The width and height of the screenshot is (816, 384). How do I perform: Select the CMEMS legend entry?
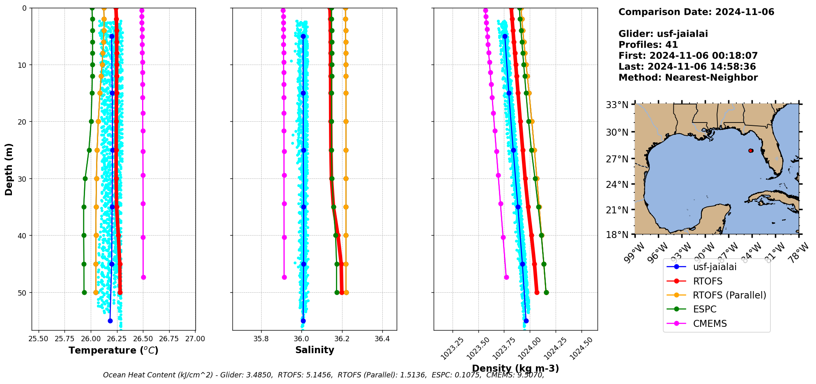point(710,324)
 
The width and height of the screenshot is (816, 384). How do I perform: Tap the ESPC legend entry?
point(704,309)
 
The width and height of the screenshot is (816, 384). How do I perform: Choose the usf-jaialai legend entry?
point(715,267)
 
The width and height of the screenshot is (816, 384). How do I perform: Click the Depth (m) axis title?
point(9,169)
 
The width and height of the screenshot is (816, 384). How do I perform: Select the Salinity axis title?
point(315,350)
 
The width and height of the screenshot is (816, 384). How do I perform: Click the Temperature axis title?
point(113,350)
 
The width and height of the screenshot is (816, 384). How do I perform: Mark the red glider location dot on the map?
point(751,150)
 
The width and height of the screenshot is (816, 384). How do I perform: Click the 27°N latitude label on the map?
point(617,159)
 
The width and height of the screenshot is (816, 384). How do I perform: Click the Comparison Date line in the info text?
point(696,12)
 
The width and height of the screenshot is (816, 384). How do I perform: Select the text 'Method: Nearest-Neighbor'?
point(688,78)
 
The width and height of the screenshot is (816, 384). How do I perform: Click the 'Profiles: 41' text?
point(648,45)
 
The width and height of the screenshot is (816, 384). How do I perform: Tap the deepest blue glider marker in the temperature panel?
point(110,321)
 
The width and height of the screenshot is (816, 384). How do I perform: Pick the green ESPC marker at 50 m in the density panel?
point(546,293)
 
